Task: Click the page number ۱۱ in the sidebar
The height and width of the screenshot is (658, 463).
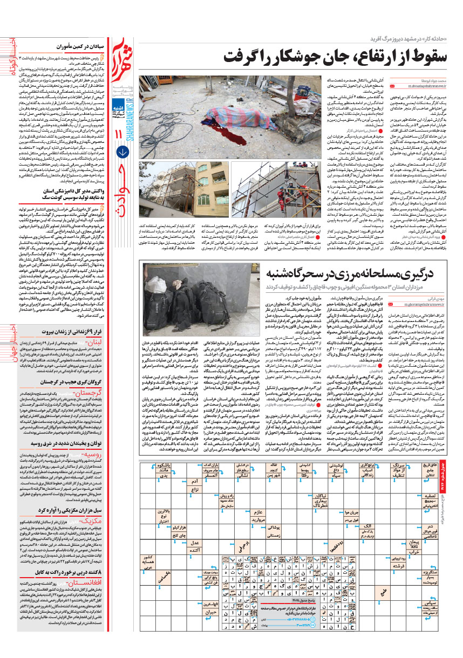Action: (122, 148)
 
